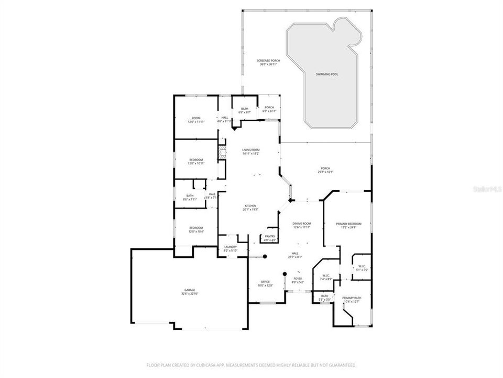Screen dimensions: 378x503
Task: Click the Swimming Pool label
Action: click(x=327, y=75)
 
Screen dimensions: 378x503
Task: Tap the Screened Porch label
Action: click(x=268, y=62)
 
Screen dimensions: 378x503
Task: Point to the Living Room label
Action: click(x=251, y=152)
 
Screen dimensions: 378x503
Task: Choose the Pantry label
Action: click(x=270, y=238)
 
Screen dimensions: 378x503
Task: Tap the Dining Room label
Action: click(x=302, y=225)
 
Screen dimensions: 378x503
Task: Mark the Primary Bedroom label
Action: click(x=348, y=225)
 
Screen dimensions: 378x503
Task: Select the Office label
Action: click(x=265, y=283)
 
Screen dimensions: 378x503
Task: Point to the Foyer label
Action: click(x=298, y=280)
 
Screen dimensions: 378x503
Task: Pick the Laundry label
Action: click(x=231, y=248)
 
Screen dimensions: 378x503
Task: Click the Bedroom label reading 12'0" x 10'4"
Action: click(x=196, y=229)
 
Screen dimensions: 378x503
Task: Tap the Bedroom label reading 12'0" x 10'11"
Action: click(x=196, y=161)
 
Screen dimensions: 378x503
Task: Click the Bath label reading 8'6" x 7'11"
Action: click(x=190, y=197)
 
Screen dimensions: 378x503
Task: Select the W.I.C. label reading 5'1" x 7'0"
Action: click(x=362, y=268)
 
